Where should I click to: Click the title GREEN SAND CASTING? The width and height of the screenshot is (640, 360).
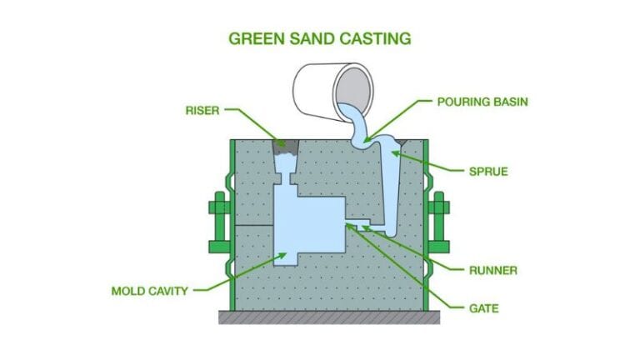click(x=320, y=38)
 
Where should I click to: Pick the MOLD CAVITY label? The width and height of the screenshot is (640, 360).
click(x=150, y=291)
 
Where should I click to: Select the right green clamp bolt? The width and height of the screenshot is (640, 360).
click(x=439, y=218)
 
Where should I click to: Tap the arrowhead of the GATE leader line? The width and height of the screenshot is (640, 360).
click(x=347, y=224)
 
